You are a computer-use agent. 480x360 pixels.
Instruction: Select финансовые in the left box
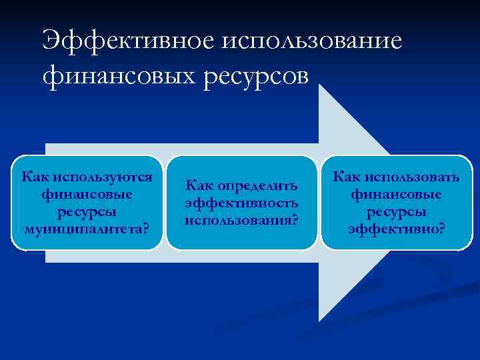click(86, 195)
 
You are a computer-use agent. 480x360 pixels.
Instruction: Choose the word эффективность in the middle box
click(241, 202)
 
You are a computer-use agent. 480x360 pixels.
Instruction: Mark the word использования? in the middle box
click(241, 219)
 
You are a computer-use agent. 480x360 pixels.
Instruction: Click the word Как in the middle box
click(198, 185)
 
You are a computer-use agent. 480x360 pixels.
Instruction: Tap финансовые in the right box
click(397, 195)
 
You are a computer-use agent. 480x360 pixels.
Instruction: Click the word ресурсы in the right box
click(397, 212)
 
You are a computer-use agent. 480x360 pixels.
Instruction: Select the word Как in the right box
click(346, 177)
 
